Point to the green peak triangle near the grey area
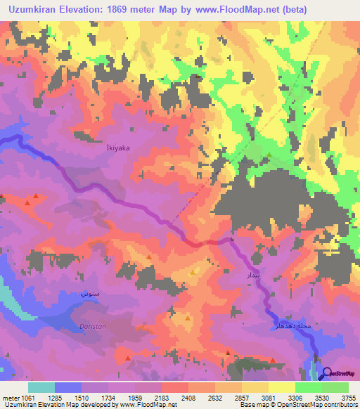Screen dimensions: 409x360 (x=269, y=154)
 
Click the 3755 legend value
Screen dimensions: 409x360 (x=348, y=398)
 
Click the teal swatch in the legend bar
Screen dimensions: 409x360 (x=41, y=387)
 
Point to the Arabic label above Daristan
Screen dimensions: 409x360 (x=87, y=291)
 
